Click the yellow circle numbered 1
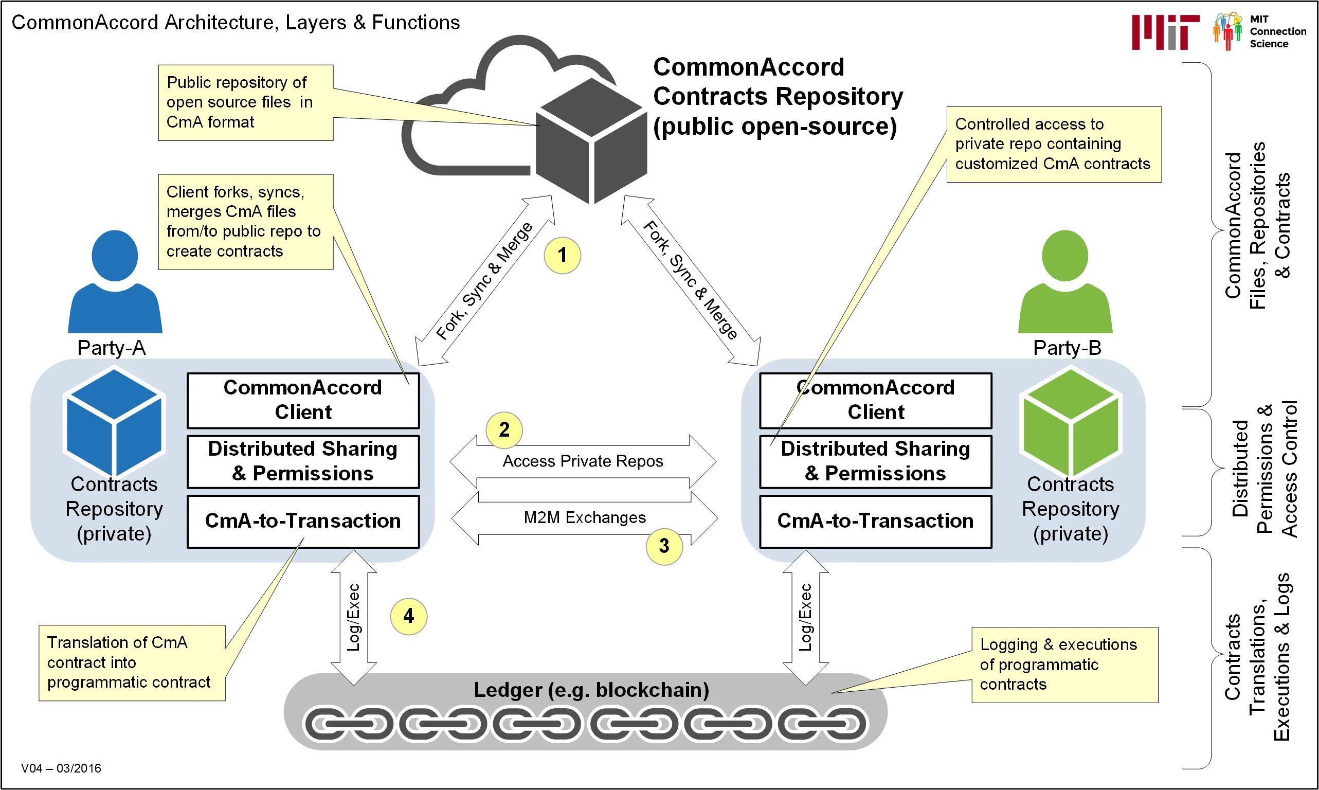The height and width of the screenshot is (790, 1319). click(x=562, y=256)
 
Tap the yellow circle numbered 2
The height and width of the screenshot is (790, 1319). click(x=504, y=429)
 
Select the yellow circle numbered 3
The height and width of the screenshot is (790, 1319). click(x=664, y=546)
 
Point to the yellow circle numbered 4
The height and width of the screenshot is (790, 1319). click(x=408, y=617)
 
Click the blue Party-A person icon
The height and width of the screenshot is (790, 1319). click(x=115, y=282)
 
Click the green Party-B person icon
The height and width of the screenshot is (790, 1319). click(x=1065, y=282)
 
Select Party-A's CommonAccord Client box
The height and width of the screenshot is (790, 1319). click(x=303, y=400)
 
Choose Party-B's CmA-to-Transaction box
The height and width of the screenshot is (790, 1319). click(x=875, y=521)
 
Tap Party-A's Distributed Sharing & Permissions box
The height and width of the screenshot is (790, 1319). click(x=303, y=461)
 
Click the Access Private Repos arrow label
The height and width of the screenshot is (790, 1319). click(x=583, y=461)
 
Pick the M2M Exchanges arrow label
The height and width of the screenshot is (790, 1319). click(x=585, y=517)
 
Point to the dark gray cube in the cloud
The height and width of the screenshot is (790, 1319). click(x=591, y=141)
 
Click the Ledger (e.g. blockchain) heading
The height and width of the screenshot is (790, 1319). click(x=591, y=690)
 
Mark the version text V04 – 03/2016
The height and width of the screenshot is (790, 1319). click(x=61, y=768)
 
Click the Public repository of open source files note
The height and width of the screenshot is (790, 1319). click(x=245, y=103)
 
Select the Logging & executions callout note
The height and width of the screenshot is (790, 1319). click(x=1064, y=665)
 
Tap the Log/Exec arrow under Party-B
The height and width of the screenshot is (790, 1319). click(x=805, y=618)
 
